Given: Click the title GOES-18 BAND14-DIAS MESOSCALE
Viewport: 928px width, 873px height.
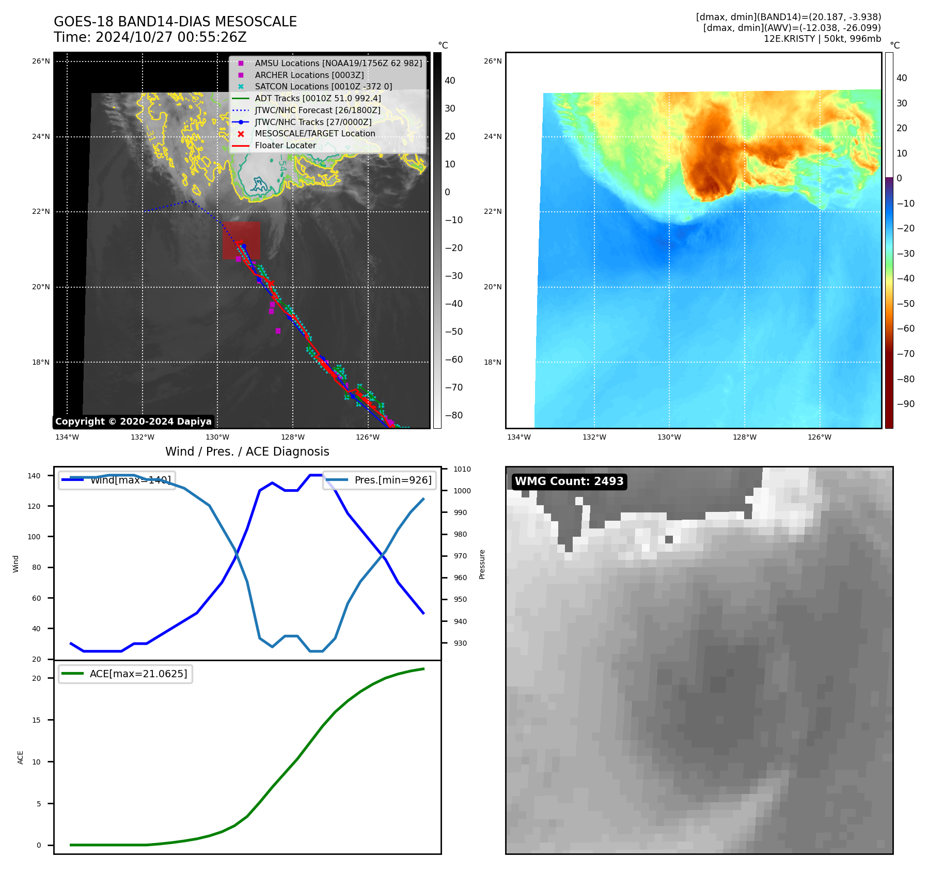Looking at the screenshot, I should coord(175,22).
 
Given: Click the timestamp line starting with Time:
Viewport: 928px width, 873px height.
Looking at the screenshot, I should coord(150,37).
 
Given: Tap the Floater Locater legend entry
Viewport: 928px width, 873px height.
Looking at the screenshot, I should coord(285,145).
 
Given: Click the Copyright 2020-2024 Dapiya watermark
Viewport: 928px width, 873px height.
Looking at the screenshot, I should coord(133,422).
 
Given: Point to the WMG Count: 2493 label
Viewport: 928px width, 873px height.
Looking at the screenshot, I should coord(569,481).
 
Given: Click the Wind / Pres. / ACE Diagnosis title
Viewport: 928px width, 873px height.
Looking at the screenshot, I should coord(247,451).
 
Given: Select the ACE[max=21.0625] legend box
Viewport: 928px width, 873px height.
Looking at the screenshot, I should coord(125,674).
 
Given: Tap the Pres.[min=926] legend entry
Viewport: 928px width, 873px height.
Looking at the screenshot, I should coord(380,480).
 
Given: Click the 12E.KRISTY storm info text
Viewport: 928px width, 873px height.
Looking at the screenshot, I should coord(822,39).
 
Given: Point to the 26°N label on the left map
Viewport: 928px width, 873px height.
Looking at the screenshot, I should coord(41,61).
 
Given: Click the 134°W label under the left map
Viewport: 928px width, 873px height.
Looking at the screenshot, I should coord(67,437).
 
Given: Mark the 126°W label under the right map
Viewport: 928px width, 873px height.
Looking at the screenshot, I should coord(820,437).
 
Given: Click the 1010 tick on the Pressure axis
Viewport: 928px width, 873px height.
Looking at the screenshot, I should coord(462,469).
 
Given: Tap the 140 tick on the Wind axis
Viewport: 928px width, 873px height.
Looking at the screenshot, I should coord(34,476).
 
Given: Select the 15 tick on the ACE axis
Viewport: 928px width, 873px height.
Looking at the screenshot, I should coord(36,720).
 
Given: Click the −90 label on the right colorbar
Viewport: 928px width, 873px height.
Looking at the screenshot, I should coord(905,404).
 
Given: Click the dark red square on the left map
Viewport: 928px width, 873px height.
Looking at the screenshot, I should coord(241,240).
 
